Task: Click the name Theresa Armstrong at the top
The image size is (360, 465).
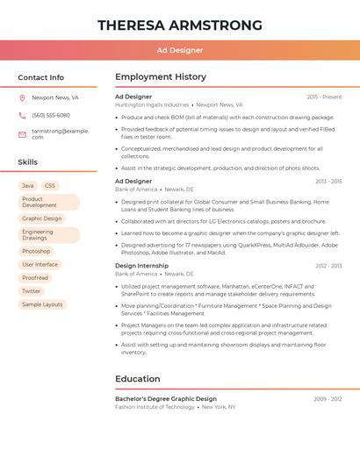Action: [180, 25]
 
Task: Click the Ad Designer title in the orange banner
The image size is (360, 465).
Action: [180, 50]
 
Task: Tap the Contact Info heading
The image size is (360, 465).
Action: [41, 77]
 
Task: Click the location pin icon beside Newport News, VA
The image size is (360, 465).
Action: [22, 98]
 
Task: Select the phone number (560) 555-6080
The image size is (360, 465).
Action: [51, 115]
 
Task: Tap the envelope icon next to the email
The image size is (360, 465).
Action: [22, 133]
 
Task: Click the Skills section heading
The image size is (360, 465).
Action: [28, 162]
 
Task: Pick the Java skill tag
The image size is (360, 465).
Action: [28, 186]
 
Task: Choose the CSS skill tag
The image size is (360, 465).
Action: [50, 186]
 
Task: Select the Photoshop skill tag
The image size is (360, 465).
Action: [36, 251]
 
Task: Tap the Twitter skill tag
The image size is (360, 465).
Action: [32, 290]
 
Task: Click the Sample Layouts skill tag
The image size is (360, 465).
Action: [42, 304]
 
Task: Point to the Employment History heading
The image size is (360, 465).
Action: [161, 77]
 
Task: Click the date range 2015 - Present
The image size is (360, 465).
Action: [324, 97]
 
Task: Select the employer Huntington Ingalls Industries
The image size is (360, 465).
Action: [152, 104]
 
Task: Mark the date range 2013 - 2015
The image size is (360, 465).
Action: [328, 182]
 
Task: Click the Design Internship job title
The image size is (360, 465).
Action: [141, 266]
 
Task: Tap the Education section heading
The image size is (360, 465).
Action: [138, 379]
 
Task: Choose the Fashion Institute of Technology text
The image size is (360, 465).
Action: [155, 407]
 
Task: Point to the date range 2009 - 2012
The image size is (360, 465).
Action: [328, 399]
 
